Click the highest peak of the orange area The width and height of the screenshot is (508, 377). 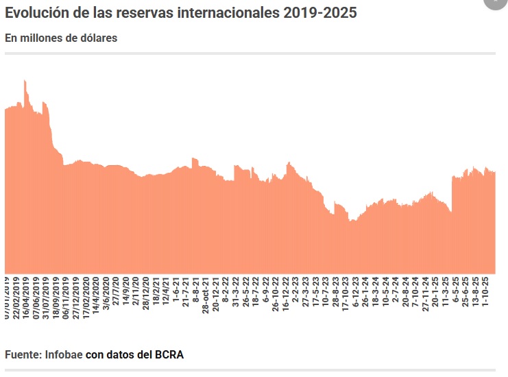coord(25,81)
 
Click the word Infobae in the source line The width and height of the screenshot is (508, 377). coord(64,355)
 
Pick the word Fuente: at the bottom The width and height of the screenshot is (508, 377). coord(23,355)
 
